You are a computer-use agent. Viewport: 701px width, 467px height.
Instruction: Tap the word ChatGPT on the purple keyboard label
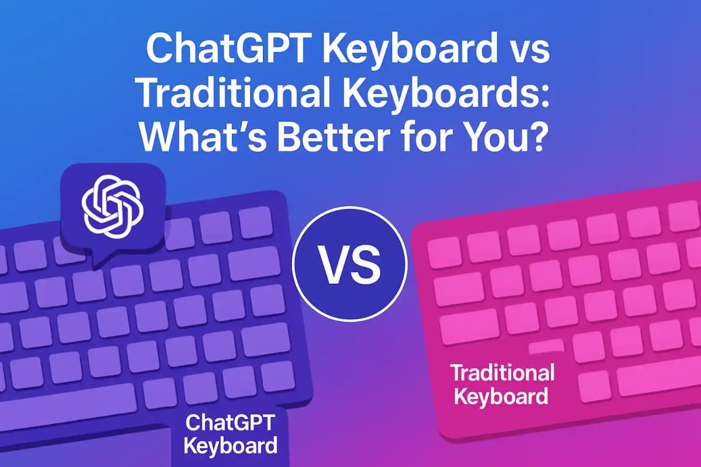pyautogui.click(x=230, y=424)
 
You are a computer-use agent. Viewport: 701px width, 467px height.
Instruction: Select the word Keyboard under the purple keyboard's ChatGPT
pyautogui.click(x=230, y=447)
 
